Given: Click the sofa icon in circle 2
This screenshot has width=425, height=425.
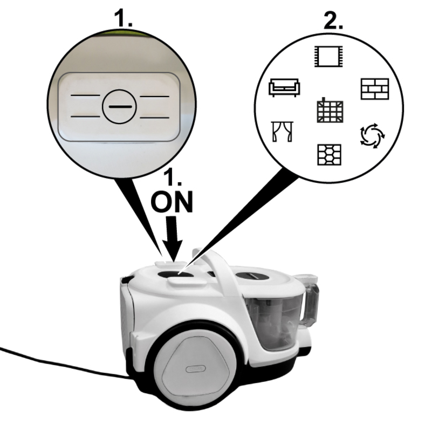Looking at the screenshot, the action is click(x=284, y=87).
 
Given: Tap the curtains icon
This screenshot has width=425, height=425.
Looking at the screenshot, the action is click(x=282, y=132).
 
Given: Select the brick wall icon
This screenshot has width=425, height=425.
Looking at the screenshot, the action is click(x=375, y=89).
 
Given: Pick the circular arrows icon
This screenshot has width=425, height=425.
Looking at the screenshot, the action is click(x=373, y=135).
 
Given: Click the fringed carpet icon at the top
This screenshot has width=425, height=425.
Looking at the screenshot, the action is click(x=328, y=57).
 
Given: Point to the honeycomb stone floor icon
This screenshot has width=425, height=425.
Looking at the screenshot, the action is click(x=330, y=155).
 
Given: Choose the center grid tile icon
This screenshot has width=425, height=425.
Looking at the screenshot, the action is click(x=330, y=111).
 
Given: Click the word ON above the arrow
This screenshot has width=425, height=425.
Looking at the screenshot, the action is click(x=172, y=201).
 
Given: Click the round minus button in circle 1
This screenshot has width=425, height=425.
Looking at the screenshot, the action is click(x=119, y=107).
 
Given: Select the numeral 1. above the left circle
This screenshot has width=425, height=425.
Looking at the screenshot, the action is click(x=124, y=18).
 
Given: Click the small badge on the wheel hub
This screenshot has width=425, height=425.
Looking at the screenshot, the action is click(x=195, y=369).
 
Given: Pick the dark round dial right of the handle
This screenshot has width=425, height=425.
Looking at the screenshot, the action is click(x=252, y=277).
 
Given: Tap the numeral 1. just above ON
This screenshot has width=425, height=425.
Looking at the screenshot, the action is click(x=173, y=177).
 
